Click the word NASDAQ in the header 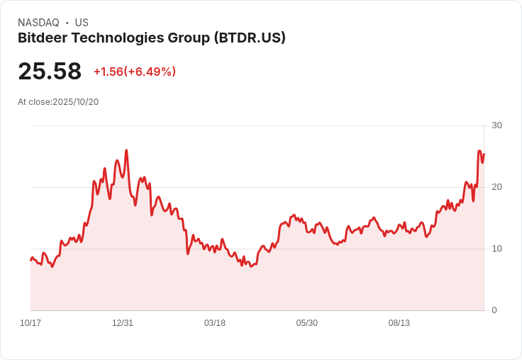(38, 23)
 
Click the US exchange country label (82, 23)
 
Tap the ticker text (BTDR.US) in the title (250, 38)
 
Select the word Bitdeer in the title (42, 38)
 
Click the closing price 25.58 (50, 72)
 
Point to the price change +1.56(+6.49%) (135, 72)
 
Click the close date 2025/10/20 (75, 102)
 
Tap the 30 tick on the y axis (496, 125)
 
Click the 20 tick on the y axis (496, 187)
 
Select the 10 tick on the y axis (496, 249)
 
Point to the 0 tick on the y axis (494, 310)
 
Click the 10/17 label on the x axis (30, 323)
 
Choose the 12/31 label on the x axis (123, 323)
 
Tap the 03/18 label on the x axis (215, 323)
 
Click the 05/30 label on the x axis (307, 323)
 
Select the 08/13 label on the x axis (399, 323)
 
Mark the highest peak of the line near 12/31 (126, 150)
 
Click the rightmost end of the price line (484, 154)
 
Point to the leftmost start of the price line (30, 260)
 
